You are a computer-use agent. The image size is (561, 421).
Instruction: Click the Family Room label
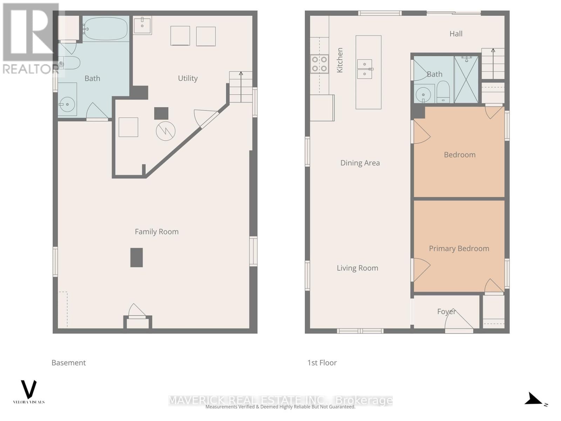156,232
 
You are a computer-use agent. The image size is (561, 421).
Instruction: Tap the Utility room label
188,78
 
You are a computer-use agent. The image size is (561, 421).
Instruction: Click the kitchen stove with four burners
319,64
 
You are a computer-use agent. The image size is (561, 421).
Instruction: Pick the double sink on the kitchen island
365,69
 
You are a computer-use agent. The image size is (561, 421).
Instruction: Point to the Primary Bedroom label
459,248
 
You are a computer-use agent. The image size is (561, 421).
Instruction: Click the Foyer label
446,311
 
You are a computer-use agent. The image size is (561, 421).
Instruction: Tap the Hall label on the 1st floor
456,34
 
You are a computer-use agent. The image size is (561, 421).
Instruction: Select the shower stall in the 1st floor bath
466,79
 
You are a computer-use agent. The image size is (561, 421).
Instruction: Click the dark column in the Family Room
136,258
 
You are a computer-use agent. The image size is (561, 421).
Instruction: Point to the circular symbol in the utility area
165,131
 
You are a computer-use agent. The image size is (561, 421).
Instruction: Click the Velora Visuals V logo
29,389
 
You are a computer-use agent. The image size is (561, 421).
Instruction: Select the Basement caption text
68,363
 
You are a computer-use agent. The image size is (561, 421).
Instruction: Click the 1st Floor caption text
322,363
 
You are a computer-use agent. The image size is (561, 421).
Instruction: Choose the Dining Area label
360,163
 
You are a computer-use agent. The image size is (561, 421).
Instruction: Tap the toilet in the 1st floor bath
443,92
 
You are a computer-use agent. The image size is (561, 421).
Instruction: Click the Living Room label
357,268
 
